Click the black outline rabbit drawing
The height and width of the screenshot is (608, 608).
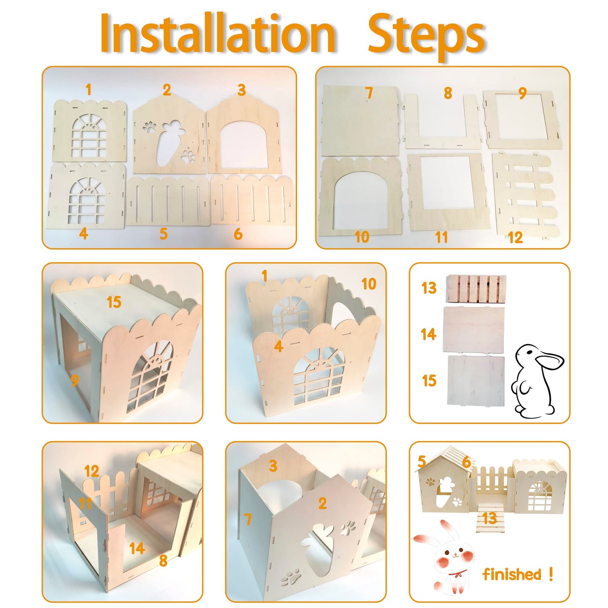534,381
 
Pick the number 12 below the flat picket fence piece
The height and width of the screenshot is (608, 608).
515,237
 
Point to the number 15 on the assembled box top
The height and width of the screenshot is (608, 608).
114,302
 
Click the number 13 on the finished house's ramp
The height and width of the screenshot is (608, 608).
489,518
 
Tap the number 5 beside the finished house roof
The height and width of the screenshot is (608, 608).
422,462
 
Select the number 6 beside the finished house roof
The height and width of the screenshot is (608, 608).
466,462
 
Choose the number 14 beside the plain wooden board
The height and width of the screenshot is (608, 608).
428,334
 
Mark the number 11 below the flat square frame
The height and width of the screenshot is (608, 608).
441,237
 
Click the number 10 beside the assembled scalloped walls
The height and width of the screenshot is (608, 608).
369,284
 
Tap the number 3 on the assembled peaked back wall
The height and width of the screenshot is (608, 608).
273,466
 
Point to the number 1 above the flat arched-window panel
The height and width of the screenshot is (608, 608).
88,90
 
